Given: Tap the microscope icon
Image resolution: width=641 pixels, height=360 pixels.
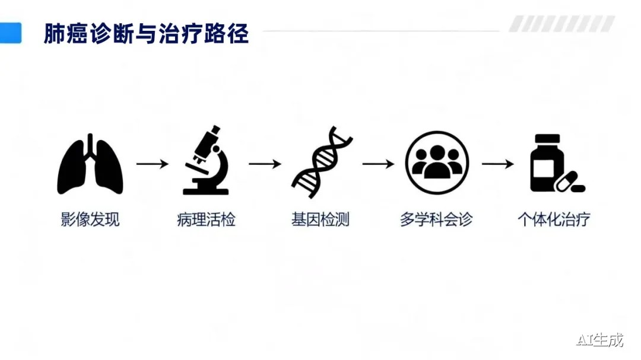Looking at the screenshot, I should [206, 161].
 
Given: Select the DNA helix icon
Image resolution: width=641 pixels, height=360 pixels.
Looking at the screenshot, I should [322, 162].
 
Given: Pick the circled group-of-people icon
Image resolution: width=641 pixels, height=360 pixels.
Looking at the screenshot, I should [437, 163].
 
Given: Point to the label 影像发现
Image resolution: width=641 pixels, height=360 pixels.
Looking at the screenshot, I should [90, 220].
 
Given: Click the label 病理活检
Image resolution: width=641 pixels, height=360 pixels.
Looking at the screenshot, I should [206, 220].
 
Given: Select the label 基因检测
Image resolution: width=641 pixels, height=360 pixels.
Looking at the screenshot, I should [320, 220].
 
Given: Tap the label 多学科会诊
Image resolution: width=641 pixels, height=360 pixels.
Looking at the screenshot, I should [436, 220].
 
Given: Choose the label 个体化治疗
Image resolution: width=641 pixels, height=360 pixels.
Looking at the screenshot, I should [554, 220].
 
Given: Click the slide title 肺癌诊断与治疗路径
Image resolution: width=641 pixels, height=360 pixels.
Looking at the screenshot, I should [146, 34].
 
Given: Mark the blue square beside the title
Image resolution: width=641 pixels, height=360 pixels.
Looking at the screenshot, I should [11, 33].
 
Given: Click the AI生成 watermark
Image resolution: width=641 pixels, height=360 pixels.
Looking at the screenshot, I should [600, 340].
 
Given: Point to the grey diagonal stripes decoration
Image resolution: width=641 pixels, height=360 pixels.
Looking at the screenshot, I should [561, 24].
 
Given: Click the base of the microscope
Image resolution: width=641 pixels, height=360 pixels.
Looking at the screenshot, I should [205, 191].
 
